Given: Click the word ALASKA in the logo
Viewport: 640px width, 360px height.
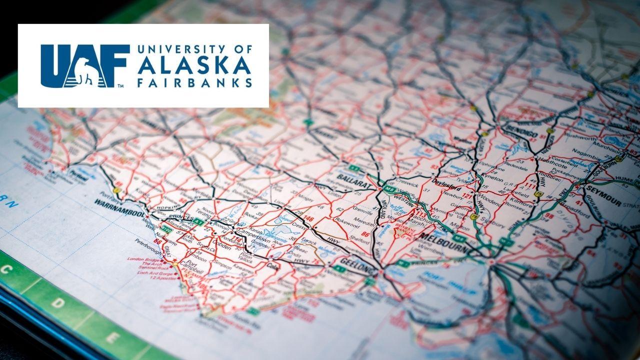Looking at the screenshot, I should coord(194,65).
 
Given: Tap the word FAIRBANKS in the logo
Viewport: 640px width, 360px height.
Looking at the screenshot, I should coord(194,82).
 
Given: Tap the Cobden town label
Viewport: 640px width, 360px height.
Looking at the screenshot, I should coord(220,249).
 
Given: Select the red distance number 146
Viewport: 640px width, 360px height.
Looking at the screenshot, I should coord(310,219).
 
